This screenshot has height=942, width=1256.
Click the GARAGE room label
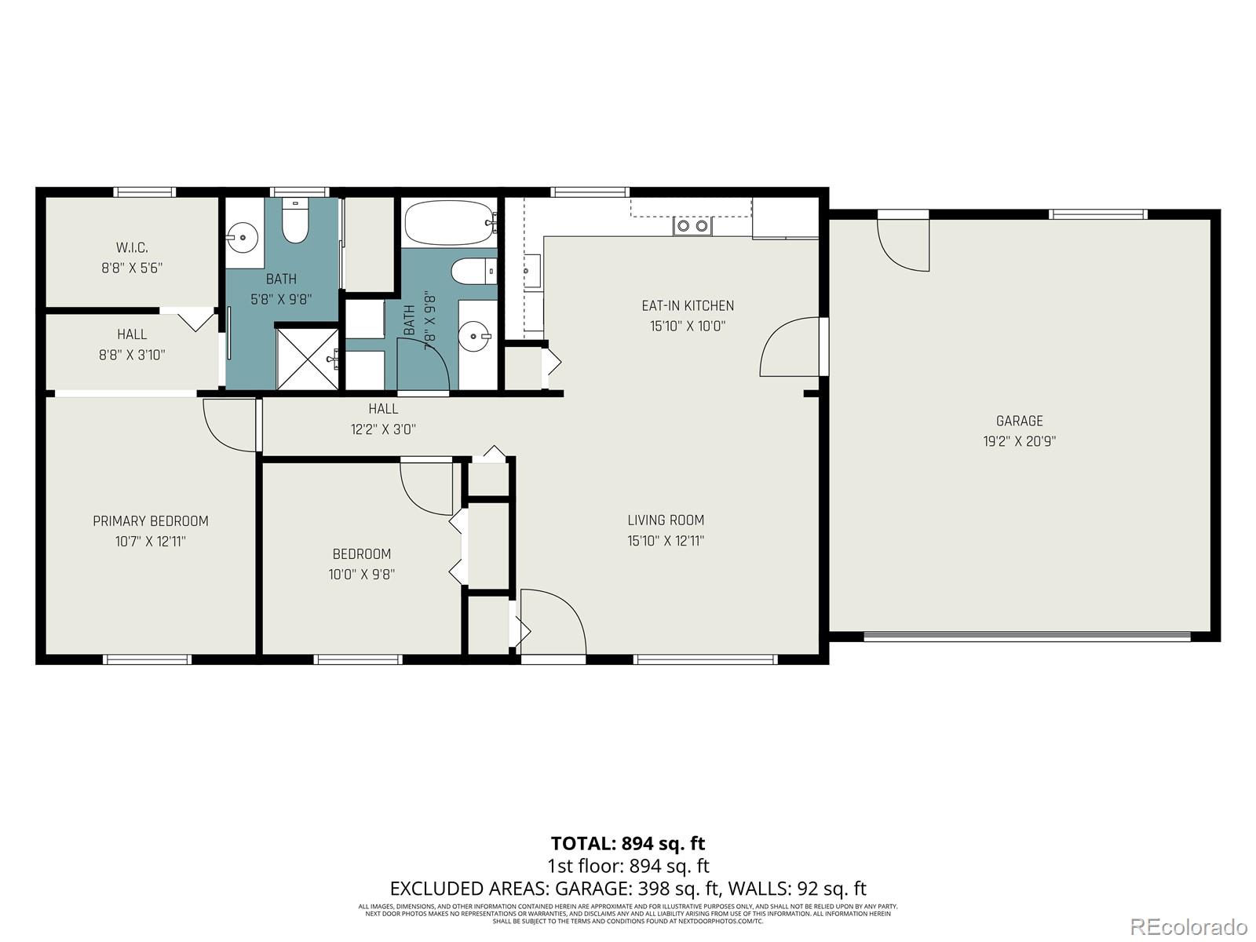[1019, 421]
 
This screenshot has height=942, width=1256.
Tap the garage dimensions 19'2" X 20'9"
[1019, 441]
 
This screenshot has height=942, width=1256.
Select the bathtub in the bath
[450, 222]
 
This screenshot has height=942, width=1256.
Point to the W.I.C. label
[132, 247]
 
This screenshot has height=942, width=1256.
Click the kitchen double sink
[692, 226]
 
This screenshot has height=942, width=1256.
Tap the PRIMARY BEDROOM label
[151, 521]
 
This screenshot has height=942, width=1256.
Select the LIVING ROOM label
[666, 520]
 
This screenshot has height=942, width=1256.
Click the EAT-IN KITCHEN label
[688, 305]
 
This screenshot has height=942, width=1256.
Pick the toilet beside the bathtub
[473, 272]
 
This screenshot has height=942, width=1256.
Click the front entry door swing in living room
[551, 620]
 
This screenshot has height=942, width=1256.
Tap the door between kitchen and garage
[791, 347]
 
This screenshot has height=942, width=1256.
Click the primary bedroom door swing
[230, 425]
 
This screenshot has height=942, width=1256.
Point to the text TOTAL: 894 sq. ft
[627, 843]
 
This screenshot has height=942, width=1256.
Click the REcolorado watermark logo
[1188, 926]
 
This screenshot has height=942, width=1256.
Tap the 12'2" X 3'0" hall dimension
[383, 429]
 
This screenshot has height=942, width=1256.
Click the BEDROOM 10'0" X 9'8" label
[361, 564]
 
